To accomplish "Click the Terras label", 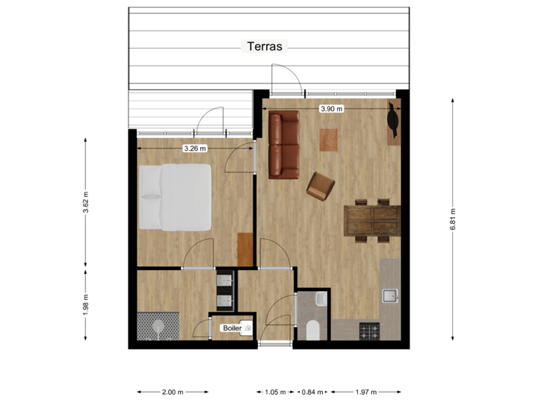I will (265, 46).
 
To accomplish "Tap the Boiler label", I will (232, 328).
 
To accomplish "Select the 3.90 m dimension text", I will (331, 109).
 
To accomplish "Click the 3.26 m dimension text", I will (194, 149).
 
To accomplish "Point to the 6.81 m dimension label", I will (453, 219).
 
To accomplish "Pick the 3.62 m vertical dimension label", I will (85, 201).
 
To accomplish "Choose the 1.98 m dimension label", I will (85, 304).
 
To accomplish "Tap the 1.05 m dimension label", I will (276, 392).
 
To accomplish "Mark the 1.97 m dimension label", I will (366, 392).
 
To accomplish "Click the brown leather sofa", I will (284, 145).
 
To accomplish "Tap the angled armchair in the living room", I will (321, 186).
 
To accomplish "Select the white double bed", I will (175, 197).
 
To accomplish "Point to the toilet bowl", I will (314, 330).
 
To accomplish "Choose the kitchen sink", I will (391, 296).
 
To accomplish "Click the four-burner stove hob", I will (369, 331).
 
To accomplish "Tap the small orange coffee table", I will (328, 140).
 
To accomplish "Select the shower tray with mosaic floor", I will (159, 326).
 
